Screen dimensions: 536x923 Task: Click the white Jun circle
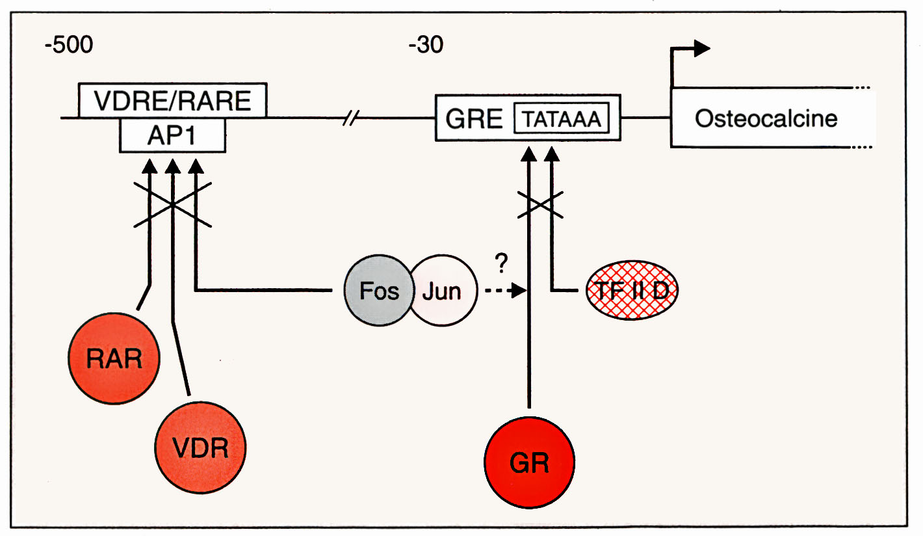(442, 290)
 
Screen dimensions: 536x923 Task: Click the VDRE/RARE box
(172, 100)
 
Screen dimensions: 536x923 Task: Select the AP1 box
(173, 135)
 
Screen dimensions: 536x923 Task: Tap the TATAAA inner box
(562, 119)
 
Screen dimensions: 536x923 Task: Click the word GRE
(474, 120)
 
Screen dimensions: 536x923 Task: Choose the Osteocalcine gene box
(766, 118)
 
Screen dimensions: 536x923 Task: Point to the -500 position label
(68, 46)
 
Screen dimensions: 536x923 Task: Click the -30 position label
(426, 46)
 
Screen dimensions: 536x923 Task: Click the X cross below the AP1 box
(172, 204)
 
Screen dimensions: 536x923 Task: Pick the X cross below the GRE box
(540, 204)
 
